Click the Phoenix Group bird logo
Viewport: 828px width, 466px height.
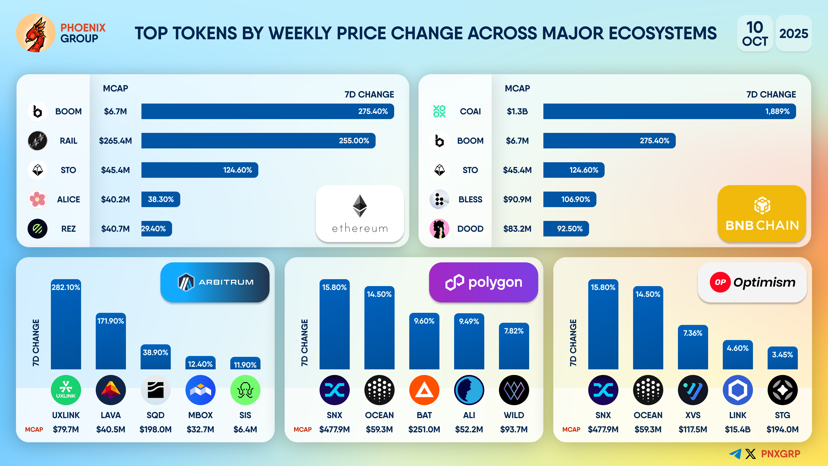pos(35,33)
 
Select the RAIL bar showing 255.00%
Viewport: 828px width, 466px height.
pos(258,140)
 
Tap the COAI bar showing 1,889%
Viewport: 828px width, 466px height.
pos(669,111)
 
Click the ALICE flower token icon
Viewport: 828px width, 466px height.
pos(38,199)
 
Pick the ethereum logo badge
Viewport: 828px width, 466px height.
pos(360,214)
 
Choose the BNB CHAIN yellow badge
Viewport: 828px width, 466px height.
pos(761,214)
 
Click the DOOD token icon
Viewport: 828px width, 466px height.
pos(439,229)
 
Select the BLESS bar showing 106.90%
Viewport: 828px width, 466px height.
pos(569,199)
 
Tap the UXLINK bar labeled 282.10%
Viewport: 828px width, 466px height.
pos(66,325)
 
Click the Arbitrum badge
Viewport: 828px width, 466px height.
pos(215,282)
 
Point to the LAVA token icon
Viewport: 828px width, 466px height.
pos(111,390)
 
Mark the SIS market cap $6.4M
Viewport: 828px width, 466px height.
pos(245,429)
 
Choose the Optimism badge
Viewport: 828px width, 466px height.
pos(752,282)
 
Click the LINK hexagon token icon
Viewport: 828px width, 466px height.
pos(738,390)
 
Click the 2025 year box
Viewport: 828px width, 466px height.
pos(793,33)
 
